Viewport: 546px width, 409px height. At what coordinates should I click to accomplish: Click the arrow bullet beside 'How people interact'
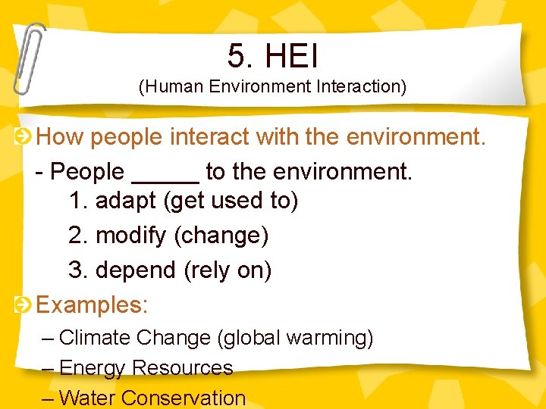pyautogui.click(x=24, y=137)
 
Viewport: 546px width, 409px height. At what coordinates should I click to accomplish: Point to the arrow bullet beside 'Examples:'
pyautogui.click(x=24, y=305)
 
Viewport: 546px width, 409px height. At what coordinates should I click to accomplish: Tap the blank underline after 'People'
pyautogui.click(x=165, y=173)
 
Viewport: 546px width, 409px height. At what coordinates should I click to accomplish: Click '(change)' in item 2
pyautogui.click(x=221, y=236)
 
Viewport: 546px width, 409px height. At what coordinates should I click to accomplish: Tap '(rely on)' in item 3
pyautogui.click(x=227, y=270)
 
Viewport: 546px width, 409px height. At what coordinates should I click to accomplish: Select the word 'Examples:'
pyautogui.click(x=92, y=305)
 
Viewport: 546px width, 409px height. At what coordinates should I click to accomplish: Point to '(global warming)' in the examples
pyautogui.click(x=295, y=338)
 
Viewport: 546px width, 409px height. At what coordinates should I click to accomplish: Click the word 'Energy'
pyautogui.click(x=92, y=368)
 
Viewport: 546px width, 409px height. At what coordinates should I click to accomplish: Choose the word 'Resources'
pyautogui.click(x=182, y=368)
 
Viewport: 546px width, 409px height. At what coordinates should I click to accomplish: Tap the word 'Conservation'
pyautogui.click(x=184, y=398)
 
